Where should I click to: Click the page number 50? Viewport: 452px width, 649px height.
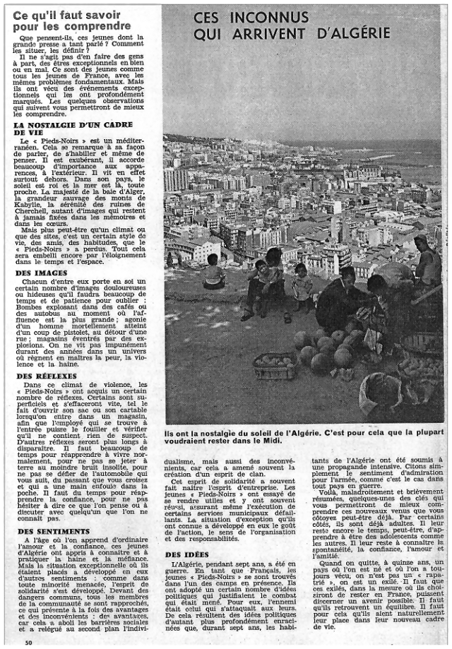(28, 643)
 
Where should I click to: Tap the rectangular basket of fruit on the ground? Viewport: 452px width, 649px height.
(276, 366)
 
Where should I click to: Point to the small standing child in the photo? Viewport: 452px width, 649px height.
(302, 286)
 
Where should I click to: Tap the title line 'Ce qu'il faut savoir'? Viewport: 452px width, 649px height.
(68, 15)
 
